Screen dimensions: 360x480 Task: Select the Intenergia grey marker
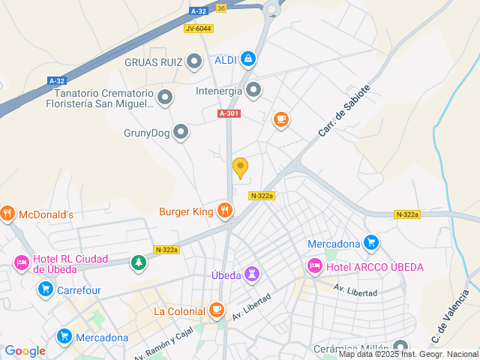(x=254, y=91)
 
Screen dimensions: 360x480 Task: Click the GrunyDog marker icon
(x=181, y=133)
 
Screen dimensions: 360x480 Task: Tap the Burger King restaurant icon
(x=224, y=211)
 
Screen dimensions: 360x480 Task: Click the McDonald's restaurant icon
(x=8, y=214)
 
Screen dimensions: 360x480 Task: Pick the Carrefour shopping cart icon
(x=46, y=289)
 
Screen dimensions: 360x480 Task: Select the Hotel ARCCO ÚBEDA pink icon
(x=314, y=266)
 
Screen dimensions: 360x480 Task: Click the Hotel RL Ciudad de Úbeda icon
(x=22, y=263)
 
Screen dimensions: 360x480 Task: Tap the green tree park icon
(x=138, y=262)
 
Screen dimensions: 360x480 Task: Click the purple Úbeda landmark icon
(x=253, y=274)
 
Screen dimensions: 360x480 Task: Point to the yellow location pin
(x=240, y=168)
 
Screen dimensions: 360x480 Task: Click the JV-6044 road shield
(x=198, y=28)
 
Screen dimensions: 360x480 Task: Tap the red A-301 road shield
(x=229, y=113)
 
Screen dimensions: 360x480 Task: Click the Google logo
(x=25, y=351)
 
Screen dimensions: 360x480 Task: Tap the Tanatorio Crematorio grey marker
(x=165, y=96)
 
